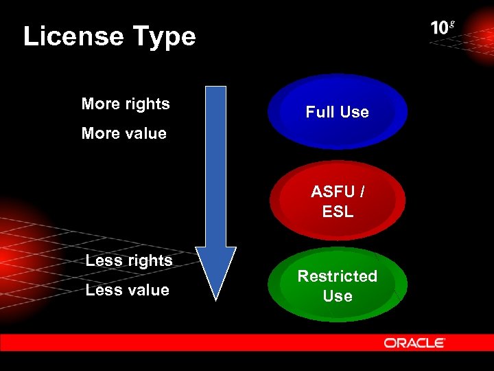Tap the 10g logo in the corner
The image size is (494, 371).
(x=442, y=27)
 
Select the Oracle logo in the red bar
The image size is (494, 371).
(x=414, y=343)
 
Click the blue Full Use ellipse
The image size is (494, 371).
(x=338, y=112)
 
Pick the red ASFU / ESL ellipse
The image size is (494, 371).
(x=338, y=200)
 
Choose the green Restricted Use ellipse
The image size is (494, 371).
(x=338, y=286)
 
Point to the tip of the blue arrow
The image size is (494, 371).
(x=215, y=298)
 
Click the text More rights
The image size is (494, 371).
(x=126, y=104)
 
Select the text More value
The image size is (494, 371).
(x=124, y=133)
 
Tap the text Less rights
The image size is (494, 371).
(x=129, y=260)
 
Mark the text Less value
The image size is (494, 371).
(x=128, y=290)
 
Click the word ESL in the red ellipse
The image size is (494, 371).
(x=338, y=212)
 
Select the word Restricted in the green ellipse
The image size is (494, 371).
(x=338, y=276)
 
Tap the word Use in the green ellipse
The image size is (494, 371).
(x=338, y=296)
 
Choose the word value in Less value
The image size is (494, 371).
(x=148, y=290)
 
